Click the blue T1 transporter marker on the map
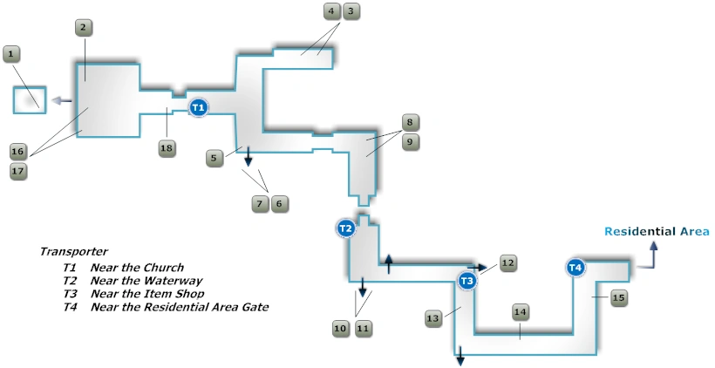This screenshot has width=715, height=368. [x=198, y=107]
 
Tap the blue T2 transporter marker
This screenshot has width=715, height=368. [x=345, y=228]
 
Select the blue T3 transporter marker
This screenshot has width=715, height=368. [x=466, y=280]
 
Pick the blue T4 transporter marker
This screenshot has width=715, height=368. [x=575, y=268]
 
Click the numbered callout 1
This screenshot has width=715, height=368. [x=10, y=55]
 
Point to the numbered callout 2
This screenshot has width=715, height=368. [x=83, y=28]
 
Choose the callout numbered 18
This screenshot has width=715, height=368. [x=167, y=148]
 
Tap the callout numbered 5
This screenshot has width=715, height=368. [x=214, y=158]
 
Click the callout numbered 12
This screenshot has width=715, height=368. [x=507, y=262]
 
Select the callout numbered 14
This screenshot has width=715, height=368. [x=520, y=311]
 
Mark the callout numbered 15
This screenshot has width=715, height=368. [x=618, y=298]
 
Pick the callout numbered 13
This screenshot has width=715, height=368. [x=433, y=319]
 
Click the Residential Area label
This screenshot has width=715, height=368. [x=657, y=231]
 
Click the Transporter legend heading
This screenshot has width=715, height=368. [x=73, y=251]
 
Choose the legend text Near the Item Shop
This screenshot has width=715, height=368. [x=147, y=294]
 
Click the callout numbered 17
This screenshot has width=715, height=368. [x=17, y=171]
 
